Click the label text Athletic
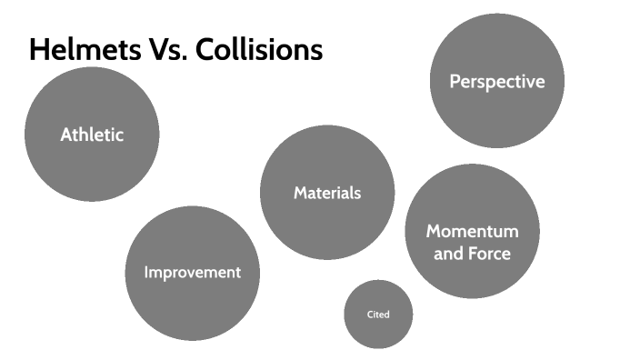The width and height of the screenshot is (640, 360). (x=92, y=135)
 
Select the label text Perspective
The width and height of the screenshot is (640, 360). (x=496, y=81)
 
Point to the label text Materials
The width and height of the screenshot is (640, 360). (x=327, y=193)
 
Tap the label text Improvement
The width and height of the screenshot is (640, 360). (x=192, y=272)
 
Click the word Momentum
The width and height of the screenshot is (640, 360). (x=472, y=231)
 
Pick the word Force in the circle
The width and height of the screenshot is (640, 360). (x=489, y=254)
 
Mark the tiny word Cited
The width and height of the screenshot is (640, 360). (x=378, y=315)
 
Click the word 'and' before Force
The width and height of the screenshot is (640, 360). (x=448, y=254)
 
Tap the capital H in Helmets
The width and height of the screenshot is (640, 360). (x=37, y=49)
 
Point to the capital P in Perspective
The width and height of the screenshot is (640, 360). (x=455, y=81)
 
